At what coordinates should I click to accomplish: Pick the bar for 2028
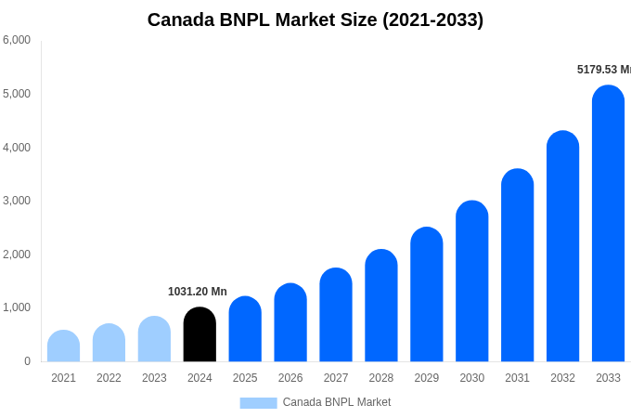coord(381,306)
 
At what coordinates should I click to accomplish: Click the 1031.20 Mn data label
coord(198,292)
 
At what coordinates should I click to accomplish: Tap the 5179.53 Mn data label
coord(603,70)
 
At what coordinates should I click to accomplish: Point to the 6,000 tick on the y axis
coord(17,40)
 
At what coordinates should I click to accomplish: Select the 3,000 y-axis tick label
coord(17,201)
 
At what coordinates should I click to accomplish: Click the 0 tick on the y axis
coord(27,361)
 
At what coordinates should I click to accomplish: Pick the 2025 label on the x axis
coord(245,378)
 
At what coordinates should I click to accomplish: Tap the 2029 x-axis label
coord(427,378)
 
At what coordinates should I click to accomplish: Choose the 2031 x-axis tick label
coord(517,378)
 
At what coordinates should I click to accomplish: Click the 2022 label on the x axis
coord(109,378)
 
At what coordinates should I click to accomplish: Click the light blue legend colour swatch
coord(258,403)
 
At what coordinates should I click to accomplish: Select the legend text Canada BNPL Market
coord(337,402)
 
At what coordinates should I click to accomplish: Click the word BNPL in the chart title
coord(244,20)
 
